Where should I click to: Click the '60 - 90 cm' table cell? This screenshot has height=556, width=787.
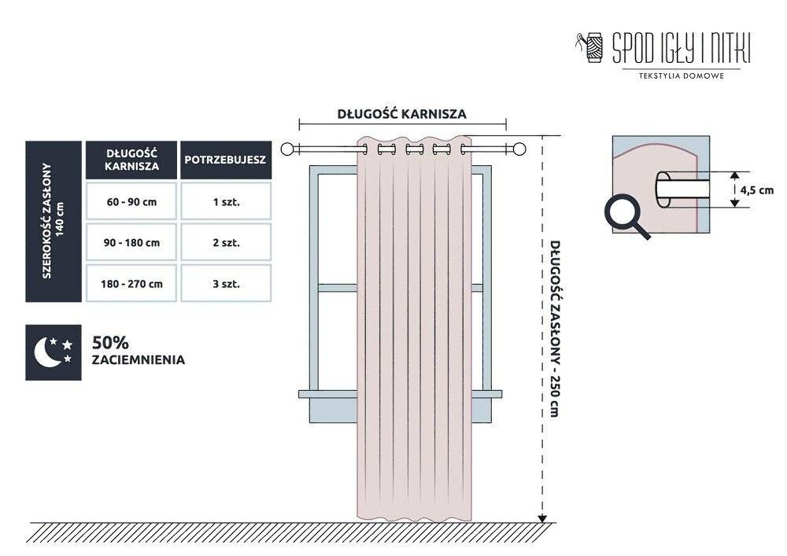pyautogui.click(x=131, y=201)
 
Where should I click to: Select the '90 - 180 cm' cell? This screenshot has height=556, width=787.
pyautogui.click(x=131, y=242)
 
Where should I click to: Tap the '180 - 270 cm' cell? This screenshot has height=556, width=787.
pyautogui.click(x=131, y=283)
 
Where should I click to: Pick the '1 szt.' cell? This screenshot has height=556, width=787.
pyautogui.click(x=226, y=201)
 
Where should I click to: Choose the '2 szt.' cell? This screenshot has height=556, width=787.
pyautogui.click(x=226, y=242)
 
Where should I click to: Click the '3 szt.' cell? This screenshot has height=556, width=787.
pyautogui.click(x=226, y=283)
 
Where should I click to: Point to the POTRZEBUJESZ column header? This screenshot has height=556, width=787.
pyautogui.click(x=226, y=160)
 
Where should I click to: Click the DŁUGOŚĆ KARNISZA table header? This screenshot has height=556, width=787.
pyautogui.click(x=131, y=160)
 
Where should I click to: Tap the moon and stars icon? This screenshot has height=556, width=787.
pyautogui.click(x=54, y=352)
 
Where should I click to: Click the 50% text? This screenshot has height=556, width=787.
pyautogui.click(x=110, y=343)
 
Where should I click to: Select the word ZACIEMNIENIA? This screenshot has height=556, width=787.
pyautogui.click(x=139, y=360)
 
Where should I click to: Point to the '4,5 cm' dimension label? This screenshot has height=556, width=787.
pyautogui.click(x=757, y=190)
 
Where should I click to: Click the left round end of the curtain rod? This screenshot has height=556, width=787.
pyautogui.click(x=286, y=149)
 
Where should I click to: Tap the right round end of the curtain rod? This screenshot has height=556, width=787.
pyautogui.click(x=519, y=149)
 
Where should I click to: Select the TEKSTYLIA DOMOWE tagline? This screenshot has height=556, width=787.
pyautogui.click(x=681, y=76)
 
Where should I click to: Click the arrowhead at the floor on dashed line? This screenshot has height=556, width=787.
pyautogui.click(x=542, y=518)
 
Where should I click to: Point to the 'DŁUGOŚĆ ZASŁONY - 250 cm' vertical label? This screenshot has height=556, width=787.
pyautogui.click(x=554, y=329)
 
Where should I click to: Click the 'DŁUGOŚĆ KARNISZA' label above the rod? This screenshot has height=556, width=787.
pyautogui.click(x=402, y=114)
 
